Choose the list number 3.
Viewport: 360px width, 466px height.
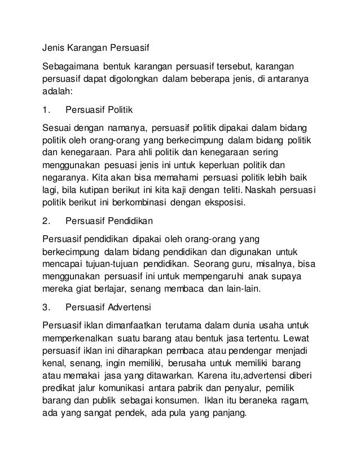(x=47, y=307)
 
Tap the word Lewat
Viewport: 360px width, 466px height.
(x=304, y=338)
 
